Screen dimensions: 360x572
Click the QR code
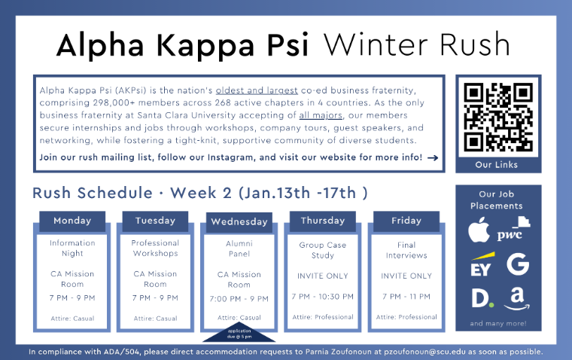pyautogui.click(x=497, y=117)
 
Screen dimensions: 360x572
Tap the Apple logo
pyautogui.click(x=479, y=231)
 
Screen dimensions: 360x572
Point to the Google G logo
pyautogui.click(x=517, y=264)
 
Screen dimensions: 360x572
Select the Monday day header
pyautogui.click(x=72, y=221)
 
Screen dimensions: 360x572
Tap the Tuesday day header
pyautogui.click(x=155, y=221)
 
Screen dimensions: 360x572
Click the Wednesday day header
pyautogui.click(x=239, y=222)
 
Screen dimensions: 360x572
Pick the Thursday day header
pyautogui.click(x=322, y=221)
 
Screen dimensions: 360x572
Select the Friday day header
pyautogui.click(x=406, y=221)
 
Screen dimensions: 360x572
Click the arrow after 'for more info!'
pyautogui.click(x=433, y=158)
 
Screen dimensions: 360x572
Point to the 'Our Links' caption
pyautogui.click(x=497, y=165)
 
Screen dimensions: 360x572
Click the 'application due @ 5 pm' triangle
pyautogui.click(x=239, y=332)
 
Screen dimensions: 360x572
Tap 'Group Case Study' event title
pyautogui.click(x=322, y=249)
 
